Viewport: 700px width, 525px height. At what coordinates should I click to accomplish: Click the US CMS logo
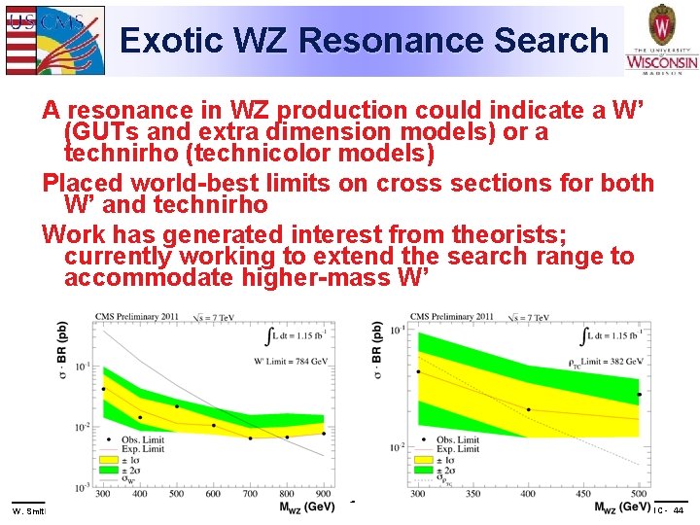53,39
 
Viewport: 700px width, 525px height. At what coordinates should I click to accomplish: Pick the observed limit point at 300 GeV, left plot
103,389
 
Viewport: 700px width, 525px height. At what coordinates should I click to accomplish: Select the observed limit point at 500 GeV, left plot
177,405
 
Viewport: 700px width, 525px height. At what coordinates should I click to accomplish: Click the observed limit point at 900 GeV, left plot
324,433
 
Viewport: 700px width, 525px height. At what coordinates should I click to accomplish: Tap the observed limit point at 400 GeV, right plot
529,409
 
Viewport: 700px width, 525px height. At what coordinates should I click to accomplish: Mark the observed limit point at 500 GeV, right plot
639,395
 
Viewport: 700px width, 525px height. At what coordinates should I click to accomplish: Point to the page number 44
678,510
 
